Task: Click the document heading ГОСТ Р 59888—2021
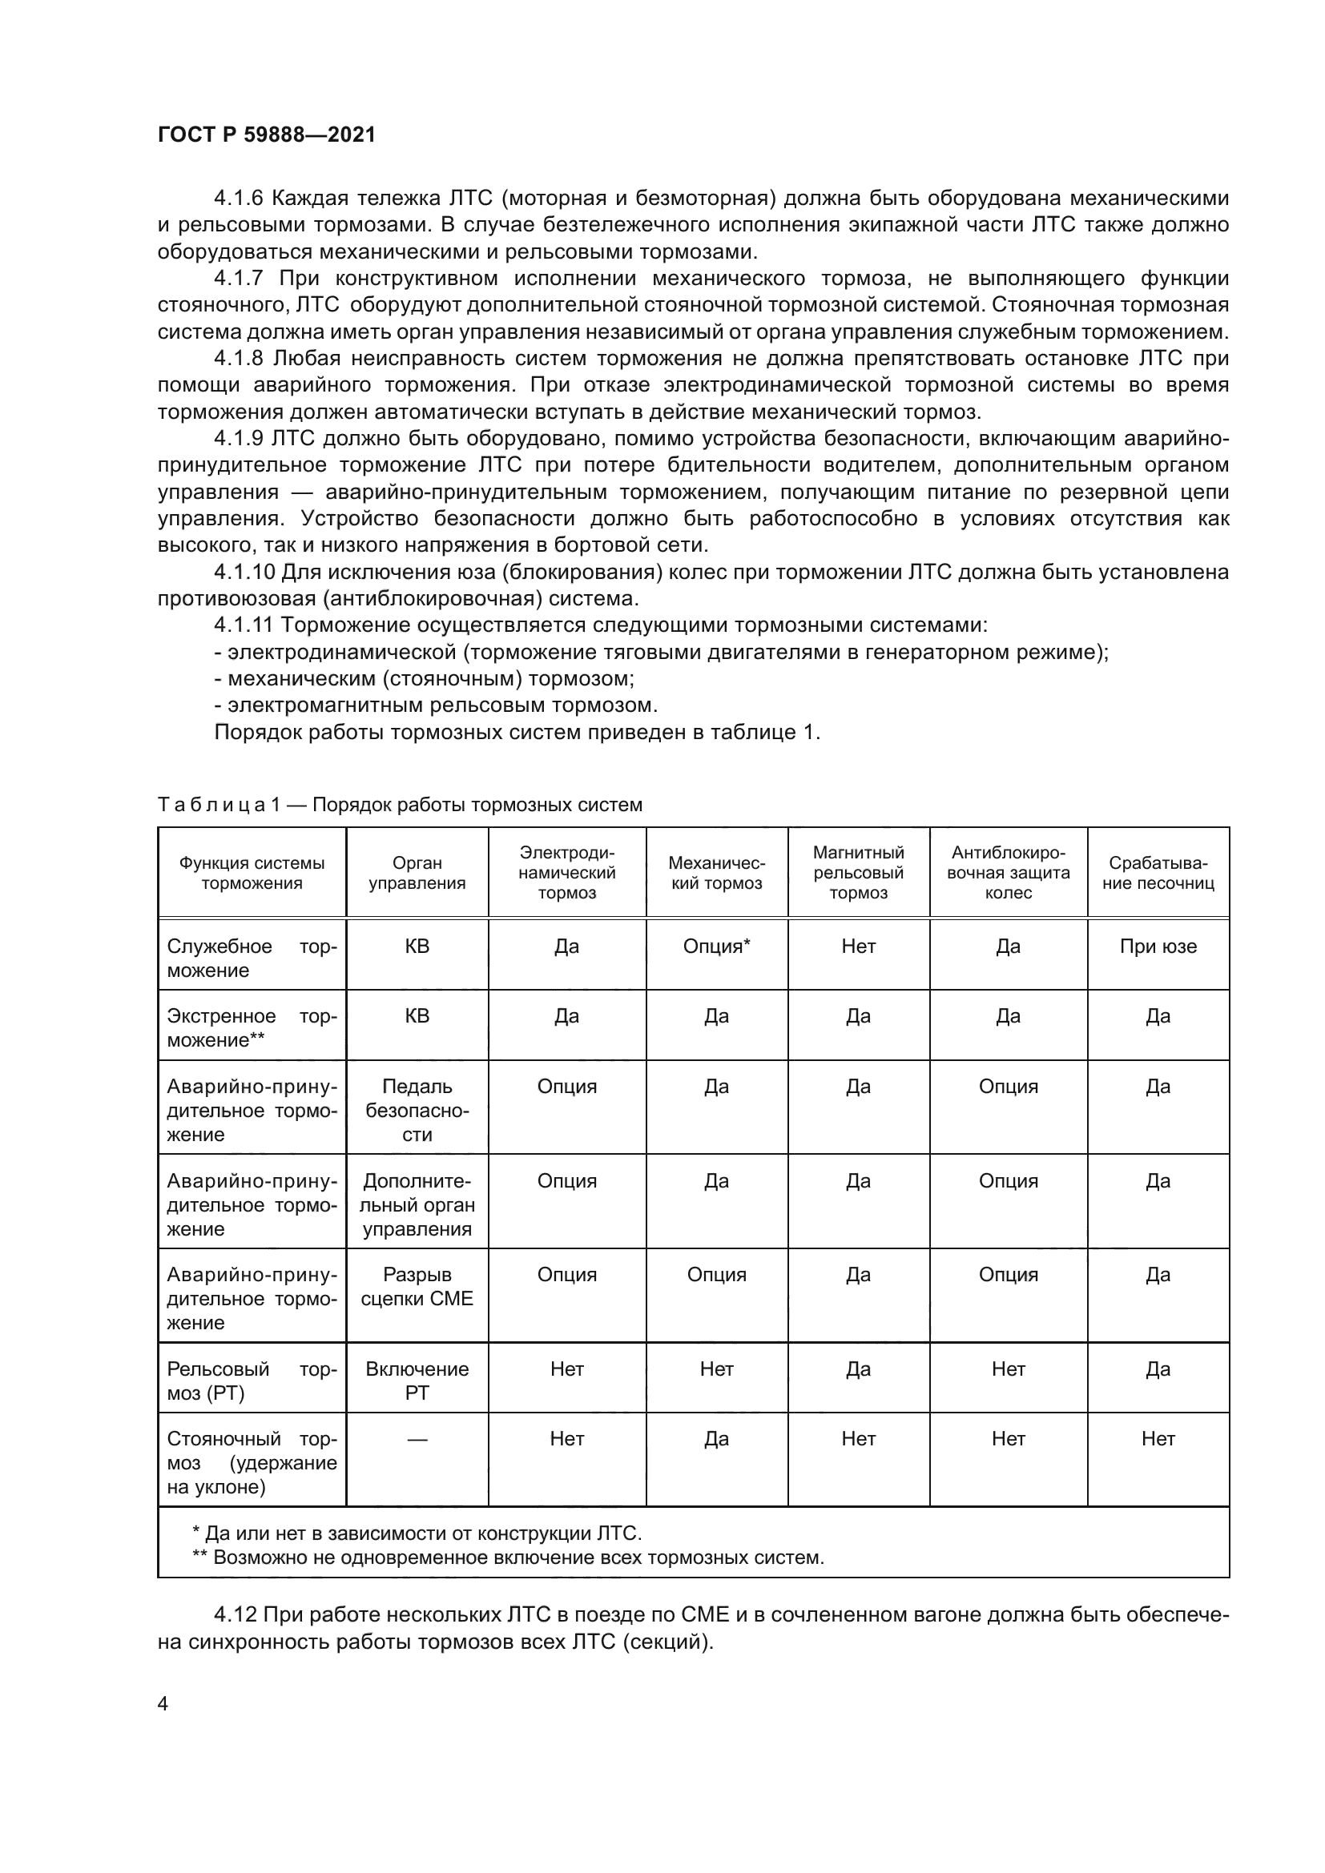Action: tap(266, 135)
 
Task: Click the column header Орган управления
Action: tap(416, 872)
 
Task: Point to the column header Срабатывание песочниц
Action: tap(1157, 872)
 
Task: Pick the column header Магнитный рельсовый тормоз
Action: tap(857, 872)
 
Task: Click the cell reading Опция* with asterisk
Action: tap(715, 947)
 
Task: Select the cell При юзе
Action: tap(1157, 947)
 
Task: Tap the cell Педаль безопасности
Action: tap(416, 1110)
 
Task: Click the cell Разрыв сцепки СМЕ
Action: tap(416, 1287)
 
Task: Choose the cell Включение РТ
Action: tap(416, 1381)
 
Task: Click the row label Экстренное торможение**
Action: tap(252, 1028)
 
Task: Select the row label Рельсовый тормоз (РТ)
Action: tap(252, 1381)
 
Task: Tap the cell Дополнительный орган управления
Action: tap(416, 1205)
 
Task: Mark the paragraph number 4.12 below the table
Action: tap(235, 1614)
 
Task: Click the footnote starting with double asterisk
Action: tap(507, 1557)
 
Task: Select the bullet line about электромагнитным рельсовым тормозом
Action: tap(436, 705)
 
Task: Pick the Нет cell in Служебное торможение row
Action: tap(857, 947)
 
